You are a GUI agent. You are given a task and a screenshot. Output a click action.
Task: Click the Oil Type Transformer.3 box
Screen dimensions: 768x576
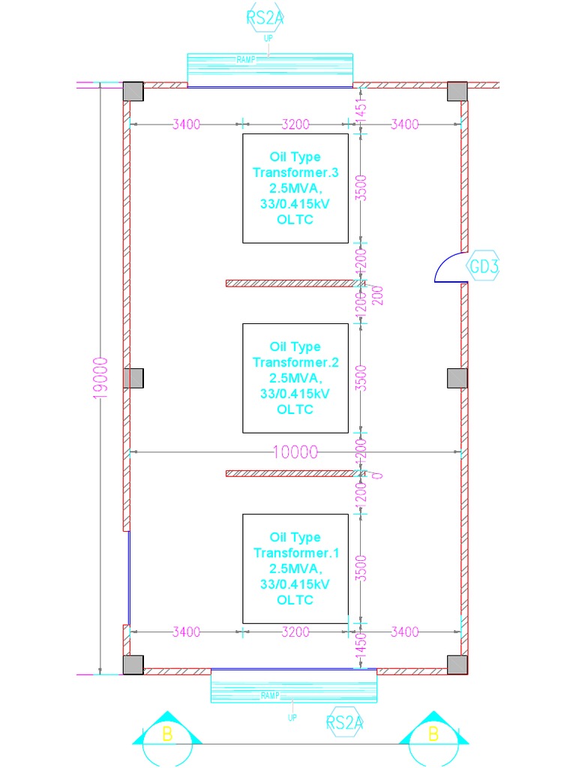pos(295,188)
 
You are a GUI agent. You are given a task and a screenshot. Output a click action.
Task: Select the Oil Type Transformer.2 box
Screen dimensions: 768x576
pos(295,378)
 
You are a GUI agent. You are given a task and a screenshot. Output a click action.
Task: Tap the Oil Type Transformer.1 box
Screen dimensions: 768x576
pos(295,568)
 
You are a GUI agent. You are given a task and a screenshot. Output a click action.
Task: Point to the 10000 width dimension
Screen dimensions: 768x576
pos(295,452)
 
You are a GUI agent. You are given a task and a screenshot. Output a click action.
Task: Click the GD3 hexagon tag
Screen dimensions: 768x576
pos(484,267)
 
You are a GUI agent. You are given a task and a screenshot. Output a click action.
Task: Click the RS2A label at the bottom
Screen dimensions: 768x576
pos(345,723)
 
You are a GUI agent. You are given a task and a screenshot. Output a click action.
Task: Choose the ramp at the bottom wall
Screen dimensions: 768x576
pos(293,685)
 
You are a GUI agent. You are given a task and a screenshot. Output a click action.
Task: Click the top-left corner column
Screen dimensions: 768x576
pos(133,91)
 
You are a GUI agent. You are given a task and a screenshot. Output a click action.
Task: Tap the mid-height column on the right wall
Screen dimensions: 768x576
pos(457,378)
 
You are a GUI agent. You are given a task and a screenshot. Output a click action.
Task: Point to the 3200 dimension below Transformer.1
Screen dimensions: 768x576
pos(295,632)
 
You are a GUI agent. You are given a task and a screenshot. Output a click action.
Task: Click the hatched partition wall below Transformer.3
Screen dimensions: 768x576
pos(289,283)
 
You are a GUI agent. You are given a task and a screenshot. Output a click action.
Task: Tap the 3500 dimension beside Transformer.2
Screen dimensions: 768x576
pos(361,378)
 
